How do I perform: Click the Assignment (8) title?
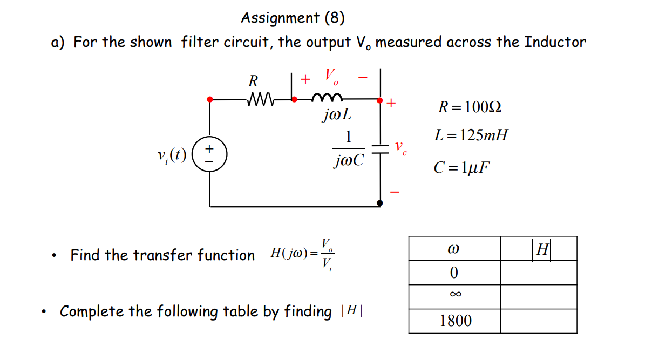[293, 18]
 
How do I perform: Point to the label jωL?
[337, 114]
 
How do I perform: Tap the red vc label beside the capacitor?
[400, 149]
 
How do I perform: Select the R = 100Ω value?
[469, 107]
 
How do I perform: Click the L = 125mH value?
[471, 135]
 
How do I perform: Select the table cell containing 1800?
[454, 321]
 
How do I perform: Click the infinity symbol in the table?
[454, 295]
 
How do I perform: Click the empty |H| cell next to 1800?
[538, 321]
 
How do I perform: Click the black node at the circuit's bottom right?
[380, 203]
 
